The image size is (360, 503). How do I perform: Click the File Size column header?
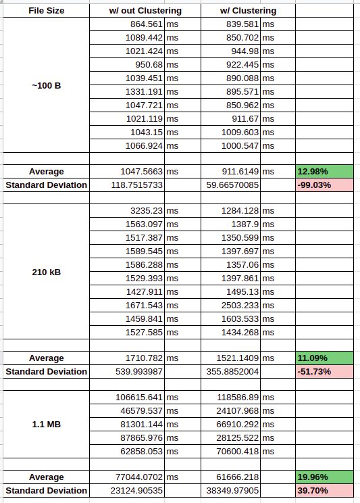coord(46,11)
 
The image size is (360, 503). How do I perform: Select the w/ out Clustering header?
coord(145,11)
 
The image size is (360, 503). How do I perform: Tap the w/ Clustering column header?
coord(248,11)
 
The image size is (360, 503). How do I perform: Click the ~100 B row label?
coord(46,86)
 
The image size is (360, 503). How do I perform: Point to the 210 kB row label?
coord(46,272)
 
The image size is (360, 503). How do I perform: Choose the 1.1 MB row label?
coord(46,424)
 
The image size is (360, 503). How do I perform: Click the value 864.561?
coord(146,24)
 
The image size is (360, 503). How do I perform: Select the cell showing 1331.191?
coord(144,92)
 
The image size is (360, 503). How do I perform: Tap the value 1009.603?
coord(240,132)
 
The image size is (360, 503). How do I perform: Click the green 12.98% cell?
coord(324,172)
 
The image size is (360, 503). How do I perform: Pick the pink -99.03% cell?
coord(324,185)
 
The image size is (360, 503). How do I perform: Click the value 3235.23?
coord(146,211)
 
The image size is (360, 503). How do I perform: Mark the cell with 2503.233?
coord(240,305)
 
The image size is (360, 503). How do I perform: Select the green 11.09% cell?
coord(324,358)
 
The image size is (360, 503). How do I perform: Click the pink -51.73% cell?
coord(324,371)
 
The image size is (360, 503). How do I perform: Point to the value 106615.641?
coord(139,397)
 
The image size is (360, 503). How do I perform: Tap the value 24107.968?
coord(237,410)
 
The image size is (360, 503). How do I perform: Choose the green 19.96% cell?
coord(324,477)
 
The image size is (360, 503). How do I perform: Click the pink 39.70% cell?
coord(324,490)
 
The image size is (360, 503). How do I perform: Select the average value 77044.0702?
coord(139,477)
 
